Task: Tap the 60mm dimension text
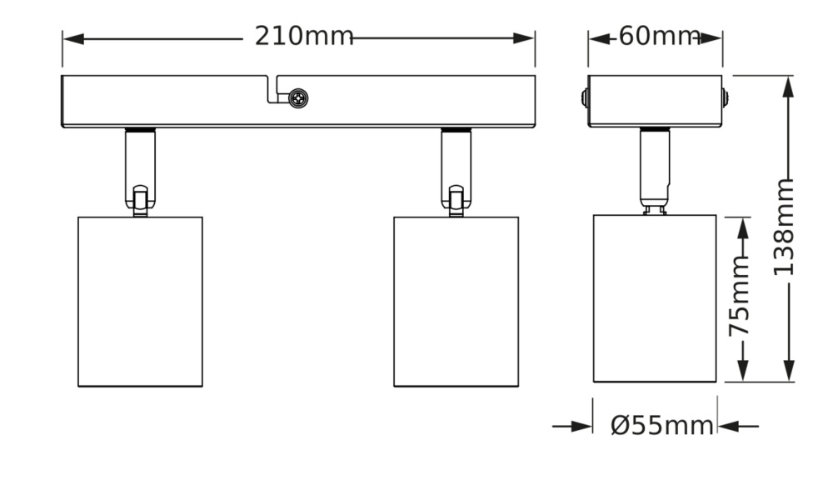click(658, 37)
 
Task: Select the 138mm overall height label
click(784, 227)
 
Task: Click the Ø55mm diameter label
click(662, 426)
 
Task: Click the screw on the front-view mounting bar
click(298, 99)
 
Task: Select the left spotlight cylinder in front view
click(141, 302)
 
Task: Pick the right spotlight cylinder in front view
click(456, 302)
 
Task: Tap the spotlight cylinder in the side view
click(655, 298)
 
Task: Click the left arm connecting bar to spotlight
click(139, 171)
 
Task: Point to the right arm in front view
click(456, 171)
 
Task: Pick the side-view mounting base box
click(655, 101)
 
